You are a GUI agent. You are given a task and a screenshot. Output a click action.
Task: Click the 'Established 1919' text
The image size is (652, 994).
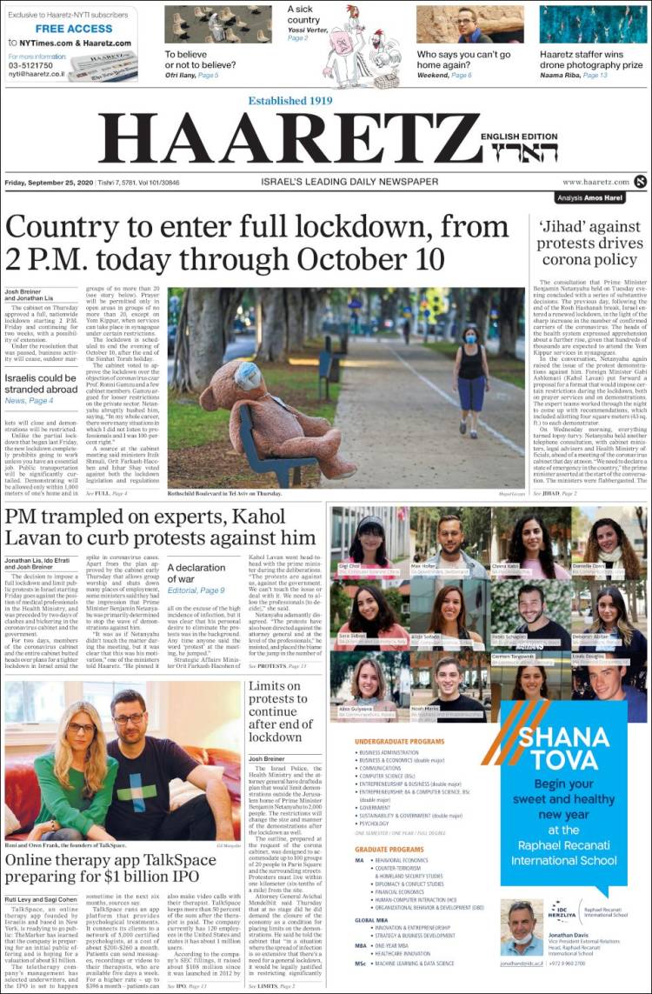290,101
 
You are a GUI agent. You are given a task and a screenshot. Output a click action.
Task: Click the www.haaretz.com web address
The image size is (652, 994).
595,182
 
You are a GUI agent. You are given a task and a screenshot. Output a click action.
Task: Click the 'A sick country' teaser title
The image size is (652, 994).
304,15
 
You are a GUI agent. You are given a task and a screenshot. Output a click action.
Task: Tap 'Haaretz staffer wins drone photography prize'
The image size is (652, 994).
591,59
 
